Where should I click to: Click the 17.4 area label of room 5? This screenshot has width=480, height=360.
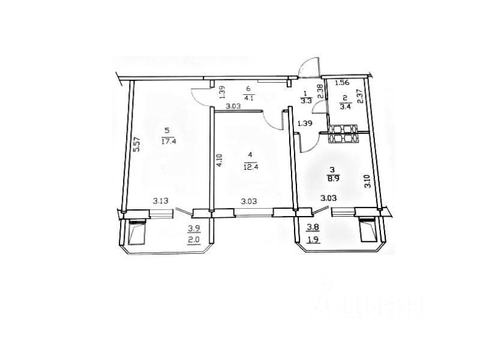tap(169, 142)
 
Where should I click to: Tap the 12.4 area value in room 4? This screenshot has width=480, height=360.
tap(250, 167)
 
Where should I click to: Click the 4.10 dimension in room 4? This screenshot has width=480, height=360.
tap(220, 160)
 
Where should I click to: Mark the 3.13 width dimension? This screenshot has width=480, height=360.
tap(161, 201)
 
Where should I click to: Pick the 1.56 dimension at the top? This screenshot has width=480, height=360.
tap(342, 82)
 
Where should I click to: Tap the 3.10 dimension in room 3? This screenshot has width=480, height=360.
tap(368, 181)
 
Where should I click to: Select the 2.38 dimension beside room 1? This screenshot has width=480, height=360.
tap(320, 92)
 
